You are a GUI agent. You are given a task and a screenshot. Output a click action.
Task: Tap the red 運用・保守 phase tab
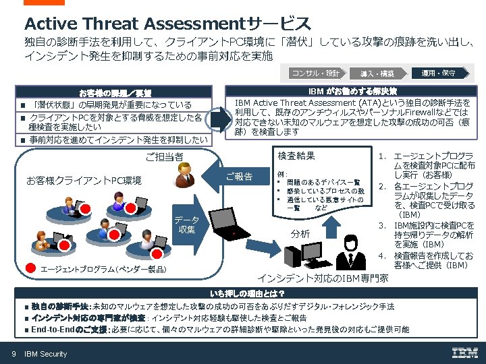437,73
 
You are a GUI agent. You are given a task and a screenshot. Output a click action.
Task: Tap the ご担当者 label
165,157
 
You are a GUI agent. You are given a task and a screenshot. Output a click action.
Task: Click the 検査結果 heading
296,156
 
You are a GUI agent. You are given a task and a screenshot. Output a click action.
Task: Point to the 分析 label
300,234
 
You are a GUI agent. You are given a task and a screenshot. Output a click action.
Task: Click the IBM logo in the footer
464,353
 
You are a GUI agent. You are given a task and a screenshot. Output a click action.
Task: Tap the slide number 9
13,354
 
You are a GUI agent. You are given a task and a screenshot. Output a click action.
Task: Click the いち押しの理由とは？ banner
246,294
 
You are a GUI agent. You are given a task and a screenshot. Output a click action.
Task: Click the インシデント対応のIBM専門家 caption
323,278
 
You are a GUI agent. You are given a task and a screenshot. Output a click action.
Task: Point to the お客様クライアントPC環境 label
83,181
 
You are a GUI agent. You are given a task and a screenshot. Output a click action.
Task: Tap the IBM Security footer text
45,354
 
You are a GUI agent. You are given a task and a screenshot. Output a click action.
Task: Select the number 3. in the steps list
381,224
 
